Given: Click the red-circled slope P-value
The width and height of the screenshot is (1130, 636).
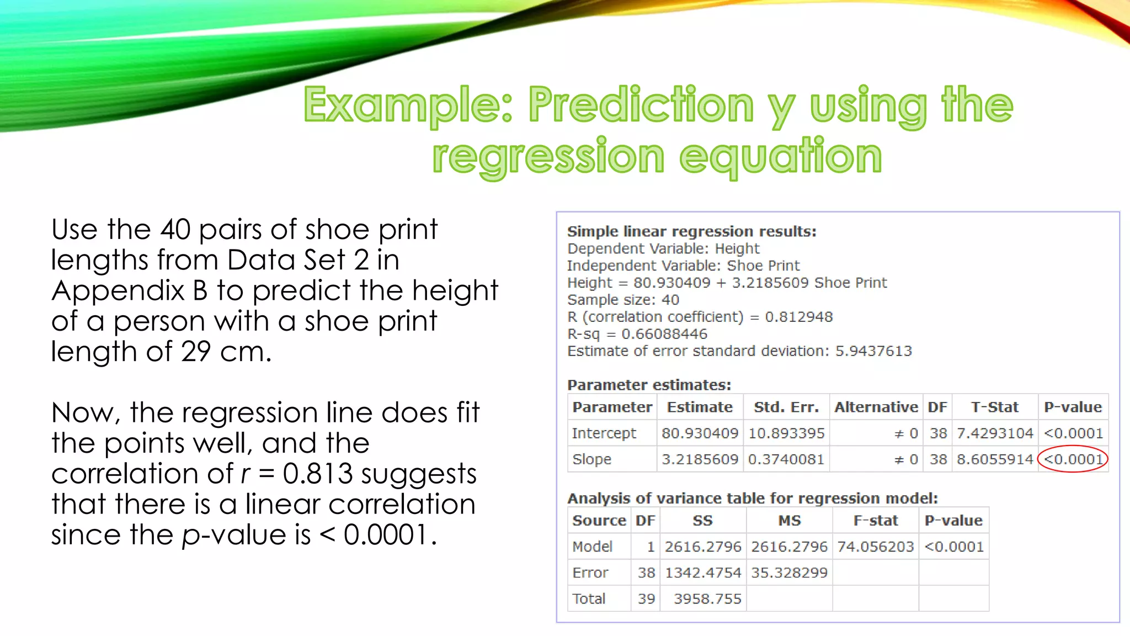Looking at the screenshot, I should pyautogui.click(x=1073, y=459).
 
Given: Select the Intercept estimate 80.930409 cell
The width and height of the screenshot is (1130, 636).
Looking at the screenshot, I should pyautogui.click(x=700, y=433).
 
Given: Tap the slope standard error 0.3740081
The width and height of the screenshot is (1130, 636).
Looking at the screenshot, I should pyautogui.click(x=786, y=459).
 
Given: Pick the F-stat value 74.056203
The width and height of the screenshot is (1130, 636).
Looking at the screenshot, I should pyautogui.click(x=875, y=547).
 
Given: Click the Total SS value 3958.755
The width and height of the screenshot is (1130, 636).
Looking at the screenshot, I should pyautogui.click(x=707, y=599).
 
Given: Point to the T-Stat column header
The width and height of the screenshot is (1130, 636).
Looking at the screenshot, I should pyautogui.click(x=994, y=407).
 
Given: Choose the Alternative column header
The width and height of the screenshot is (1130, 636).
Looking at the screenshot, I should pyautogui.click(x=876, y=407).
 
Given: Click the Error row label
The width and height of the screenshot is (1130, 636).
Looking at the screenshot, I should pyautogui.click(x=590, y=573).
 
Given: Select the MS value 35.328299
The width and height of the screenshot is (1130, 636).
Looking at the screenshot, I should pyautogui.click(x=789, y=573).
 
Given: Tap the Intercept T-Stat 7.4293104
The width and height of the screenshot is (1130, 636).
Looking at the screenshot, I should pyautogui.click(x=994, y=433).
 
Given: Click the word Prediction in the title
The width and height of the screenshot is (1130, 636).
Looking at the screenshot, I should pyautogui.click(x=641, y=105).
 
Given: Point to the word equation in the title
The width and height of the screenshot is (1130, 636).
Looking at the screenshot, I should pyautogui.click(x=780, y=157).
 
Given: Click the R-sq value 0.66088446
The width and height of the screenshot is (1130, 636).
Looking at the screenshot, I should pyautogui.click(x=664, y=334).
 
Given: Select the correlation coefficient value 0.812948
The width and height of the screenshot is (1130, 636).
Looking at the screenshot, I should pyautogui.click(x=798, y=317).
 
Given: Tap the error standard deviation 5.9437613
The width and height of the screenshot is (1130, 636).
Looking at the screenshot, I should pyautogui.click(x=873, y=351).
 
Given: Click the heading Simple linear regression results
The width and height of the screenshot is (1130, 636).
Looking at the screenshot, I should pyautogui.click(x=691, y=231).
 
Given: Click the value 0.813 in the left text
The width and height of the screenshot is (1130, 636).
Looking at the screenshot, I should pyautogui.click(x=317, y=474).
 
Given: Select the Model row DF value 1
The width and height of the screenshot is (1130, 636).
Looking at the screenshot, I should pyautogui.click(x=651, y=547).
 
